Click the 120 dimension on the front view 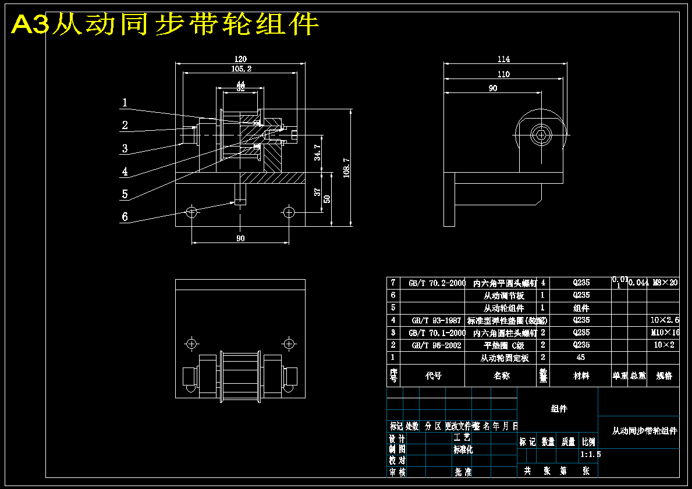pyautogui.click(x=240, y=59)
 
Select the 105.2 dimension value pyautogui.click(x=240, y=69)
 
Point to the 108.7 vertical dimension pyautogui.click(x=346, y=167)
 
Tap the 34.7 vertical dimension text pyautogui.click(x=317, y=152)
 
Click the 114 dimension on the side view pyautogui.click(x=504, y=59)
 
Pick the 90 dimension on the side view pyautogui.click(x=492, y=88)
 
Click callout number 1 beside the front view pyautogui.click(x=125, y=103)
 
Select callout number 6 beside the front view pyautogui.click(x=125, y=217)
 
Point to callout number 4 pyautogui.click(x=125, y=172)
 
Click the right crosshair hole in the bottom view pyautogui.click(x=288, y=343)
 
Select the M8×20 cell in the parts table pyautogui.click(x=665, y=283)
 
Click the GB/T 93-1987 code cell pyautogui.click(x=436, y=320)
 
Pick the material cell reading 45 pyautogui.click(x=581, y=358)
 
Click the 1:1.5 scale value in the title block pyautogui.click(x=590, y=454)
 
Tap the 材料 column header pyautogui.click(x=581, y=376)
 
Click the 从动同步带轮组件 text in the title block pyautogui.click(x=644, y=431)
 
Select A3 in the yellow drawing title pyautogui.click(x=29, y=25)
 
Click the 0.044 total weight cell pyautogui.click(x=638, y=283)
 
